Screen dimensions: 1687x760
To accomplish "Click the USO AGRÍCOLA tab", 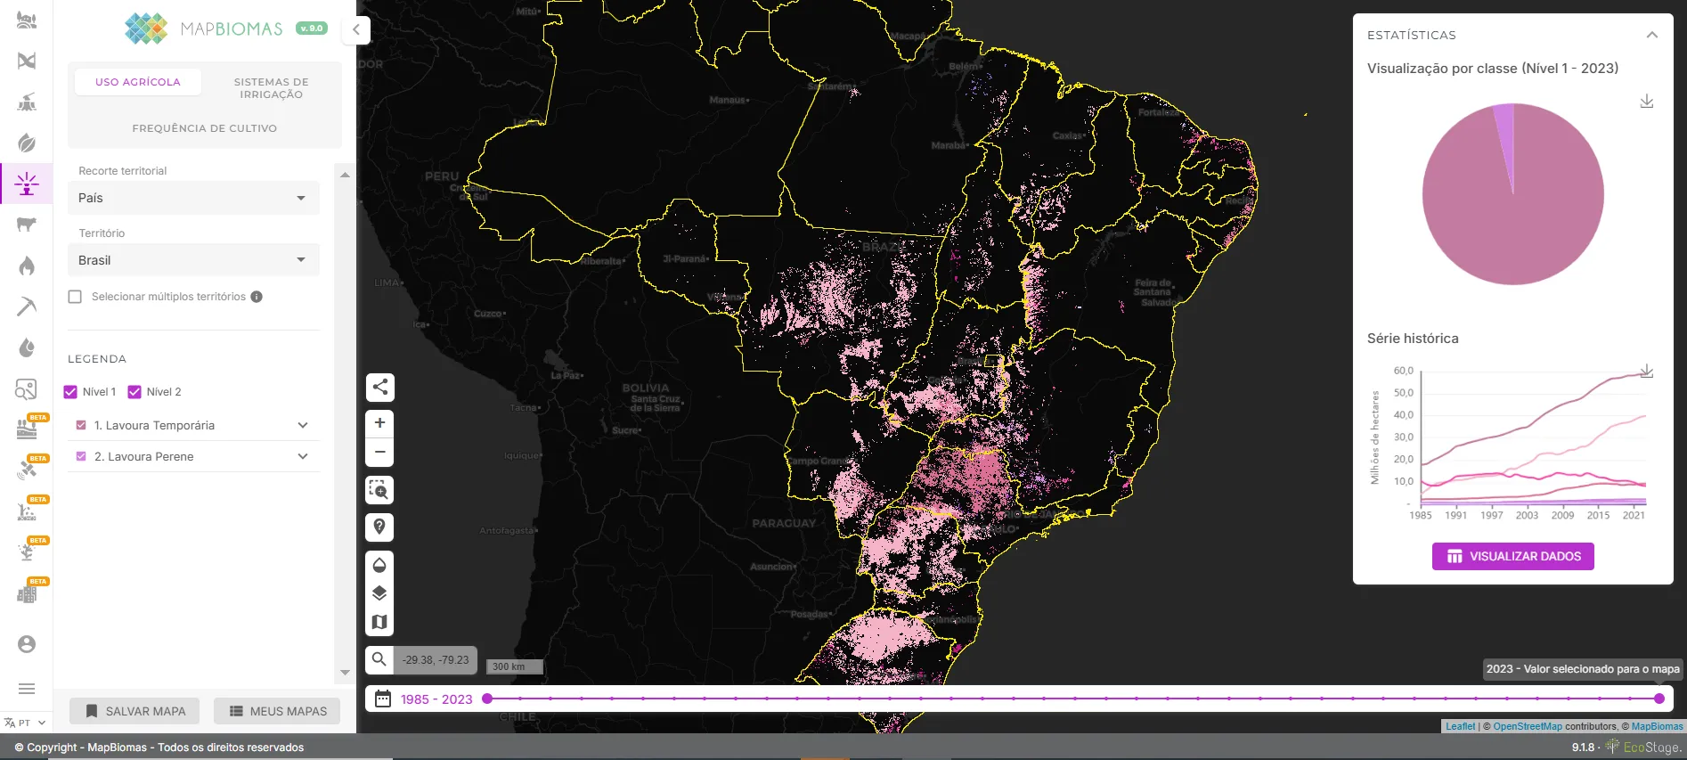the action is click(x=138, y=82).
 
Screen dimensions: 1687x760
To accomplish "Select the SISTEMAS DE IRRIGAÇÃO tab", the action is click(x=271, y=88).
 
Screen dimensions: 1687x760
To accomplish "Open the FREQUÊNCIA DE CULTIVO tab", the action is click(x=204, y=128).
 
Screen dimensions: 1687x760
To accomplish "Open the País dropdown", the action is click(x=193, y=198).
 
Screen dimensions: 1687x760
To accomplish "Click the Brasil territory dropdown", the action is click(x=193, y=260).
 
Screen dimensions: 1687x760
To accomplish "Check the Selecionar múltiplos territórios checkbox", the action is click(x=76, y=297).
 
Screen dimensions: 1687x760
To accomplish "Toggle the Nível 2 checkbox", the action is click(x=135, y=392).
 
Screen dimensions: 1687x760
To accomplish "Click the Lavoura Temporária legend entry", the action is click(x=154, y=426).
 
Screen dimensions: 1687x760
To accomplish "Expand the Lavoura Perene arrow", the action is click(x=303, y=457).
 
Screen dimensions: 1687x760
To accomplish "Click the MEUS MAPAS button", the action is click(x=277, y=711).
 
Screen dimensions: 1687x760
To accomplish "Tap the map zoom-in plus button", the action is click(x=379, y=423).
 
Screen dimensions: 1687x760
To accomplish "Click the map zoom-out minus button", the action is click(x=379, y=452).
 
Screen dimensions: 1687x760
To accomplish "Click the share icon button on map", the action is click(x=379, y=387).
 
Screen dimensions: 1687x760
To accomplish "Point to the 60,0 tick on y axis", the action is click(x=1403, y=371).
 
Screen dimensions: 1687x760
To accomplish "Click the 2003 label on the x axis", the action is click(x=1527, y=515).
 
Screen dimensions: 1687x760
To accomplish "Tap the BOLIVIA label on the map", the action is click(x=645, y=388).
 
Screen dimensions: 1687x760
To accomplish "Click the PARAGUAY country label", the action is click(x=784, y=524).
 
